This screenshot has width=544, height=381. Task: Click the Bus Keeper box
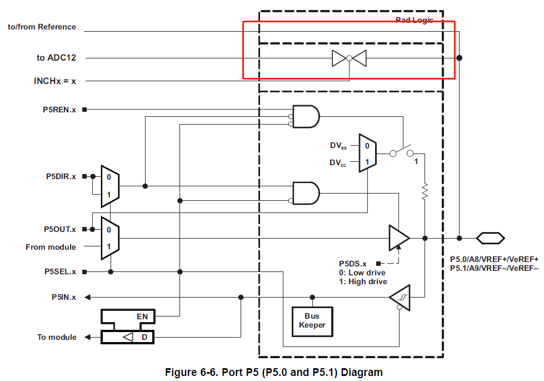[x=312, y=321]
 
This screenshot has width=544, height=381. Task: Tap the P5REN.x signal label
[x=60, y=110]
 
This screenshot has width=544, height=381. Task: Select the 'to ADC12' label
[x=56, y=58]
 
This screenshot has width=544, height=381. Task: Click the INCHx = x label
[x=54, y=81]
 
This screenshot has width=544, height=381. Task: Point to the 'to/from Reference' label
[x=42, y=27]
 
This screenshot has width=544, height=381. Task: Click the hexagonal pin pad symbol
[x=490, y=238]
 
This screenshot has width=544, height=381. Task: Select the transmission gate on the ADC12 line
[x=349, y=58]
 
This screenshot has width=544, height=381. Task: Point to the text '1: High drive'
[x=362, y=281]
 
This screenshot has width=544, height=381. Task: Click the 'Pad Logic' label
[x=414, y=20]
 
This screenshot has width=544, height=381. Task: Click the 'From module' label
[x=51, y=246]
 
